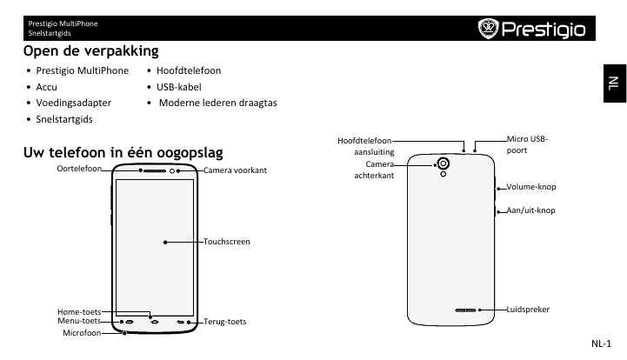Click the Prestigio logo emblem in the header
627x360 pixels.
(488, 29)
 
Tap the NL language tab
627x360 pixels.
(615, 83)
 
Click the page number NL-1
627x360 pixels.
(601, 343)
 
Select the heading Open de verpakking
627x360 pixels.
(90, 51)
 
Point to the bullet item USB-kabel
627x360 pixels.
(179, 87)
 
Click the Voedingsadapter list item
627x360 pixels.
(74, 103)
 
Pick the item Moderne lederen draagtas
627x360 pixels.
(218, 103)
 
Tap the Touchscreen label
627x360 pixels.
(226, 242)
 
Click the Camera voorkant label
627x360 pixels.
(235, 170)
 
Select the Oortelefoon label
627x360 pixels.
(79, 169)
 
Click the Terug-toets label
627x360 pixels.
(224, 322)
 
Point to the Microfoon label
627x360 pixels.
(82, 333)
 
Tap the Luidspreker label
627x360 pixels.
(528, 310)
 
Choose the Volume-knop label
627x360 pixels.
(531, 187)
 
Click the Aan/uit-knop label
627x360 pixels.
(530, 210)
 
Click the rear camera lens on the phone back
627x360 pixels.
(443, 163)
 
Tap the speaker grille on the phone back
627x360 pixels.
(465, 310)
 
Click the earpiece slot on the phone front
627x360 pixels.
(155, 170)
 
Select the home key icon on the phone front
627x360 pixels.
(155, 322)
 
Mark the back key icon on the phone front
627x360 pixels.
(181, 322)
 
